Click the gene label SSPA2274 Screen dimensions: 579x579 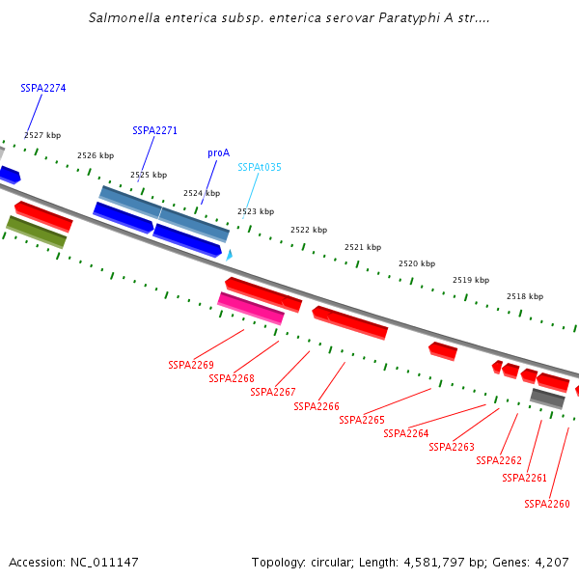pyautogui.click(x=43, y=88)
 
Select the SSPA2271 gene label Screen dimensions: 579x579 pyautogui.click(x=154, y=130)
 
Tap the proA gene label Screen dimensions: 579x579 pyautogui.click(x=218, y=152)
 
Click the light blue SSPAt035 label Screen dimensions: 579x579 pyautogui.click(x=260, y=167)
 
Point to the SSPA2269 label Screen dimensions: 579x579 pyautogui.click(x=191, y=365)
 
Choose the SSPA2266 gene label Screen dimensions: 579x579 pyautogui.click(x=317, y=406)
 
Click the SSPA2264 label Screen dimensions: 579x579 pyautogui.click(x=406, y=433)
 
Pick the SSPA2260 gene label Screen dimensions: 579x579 pyautogui.click(x=547, y=504)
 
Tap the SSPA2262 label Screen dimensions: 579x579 pyautogui.click(x=499, y=460)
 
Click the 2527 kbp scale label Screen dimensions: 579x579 pyautogui.click(x=42, y=135)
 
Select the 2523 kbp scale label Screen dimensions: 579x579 pyautogui.click(x=256, y=211)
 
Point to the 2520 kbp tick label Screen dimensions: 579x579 pyautogui.click(x=417, y=263)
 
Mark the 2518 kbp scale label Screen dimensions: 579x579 pyautogui.click(x=525, y=296)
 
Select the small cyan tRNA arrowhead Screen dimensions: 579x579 pyautogui.click(x=229, y=255)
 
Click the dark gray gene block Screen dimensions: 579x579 pyautogui.click(x=547, y=399)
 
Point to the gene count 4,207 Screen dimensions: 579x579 pyautogui.click(x=552, y=562)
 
